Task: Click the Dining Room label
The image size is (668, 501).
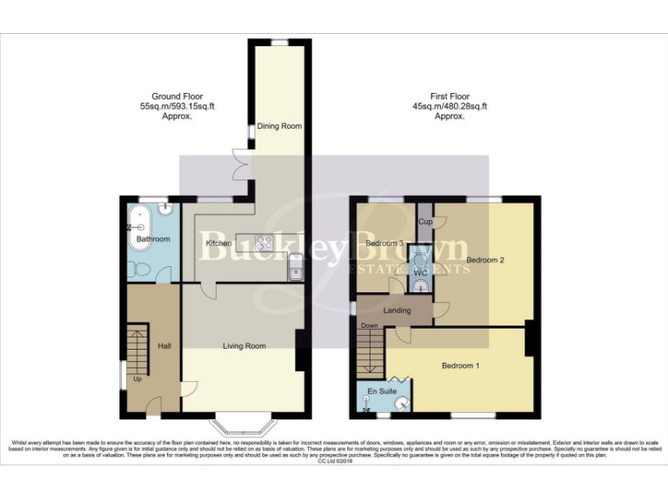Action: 279,127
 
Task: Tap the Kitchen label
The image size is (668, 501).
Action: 217,243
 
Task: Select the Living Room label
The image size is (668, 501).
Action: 244,346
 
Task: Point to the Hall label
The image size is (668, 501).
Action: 164,346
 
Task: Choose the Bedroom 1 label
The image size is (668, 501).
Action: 460,365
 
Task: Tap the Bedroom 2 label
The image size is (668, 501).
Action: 485,260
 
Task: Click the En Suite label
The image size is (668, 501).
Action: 383,391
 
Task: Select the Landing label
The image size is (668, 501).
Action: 396,310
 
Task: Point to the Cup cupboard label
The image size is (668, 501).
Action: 425,222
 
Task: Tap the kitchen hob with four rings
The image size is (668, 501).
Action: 264,243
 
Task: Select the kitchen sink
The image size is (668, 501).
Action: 296,272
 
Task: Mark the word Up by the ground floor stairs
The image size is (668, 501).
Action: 137,379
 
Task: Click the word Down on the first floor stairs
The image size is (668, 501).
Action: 369,326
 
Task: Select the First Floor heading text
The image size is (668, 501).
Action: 449,105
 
